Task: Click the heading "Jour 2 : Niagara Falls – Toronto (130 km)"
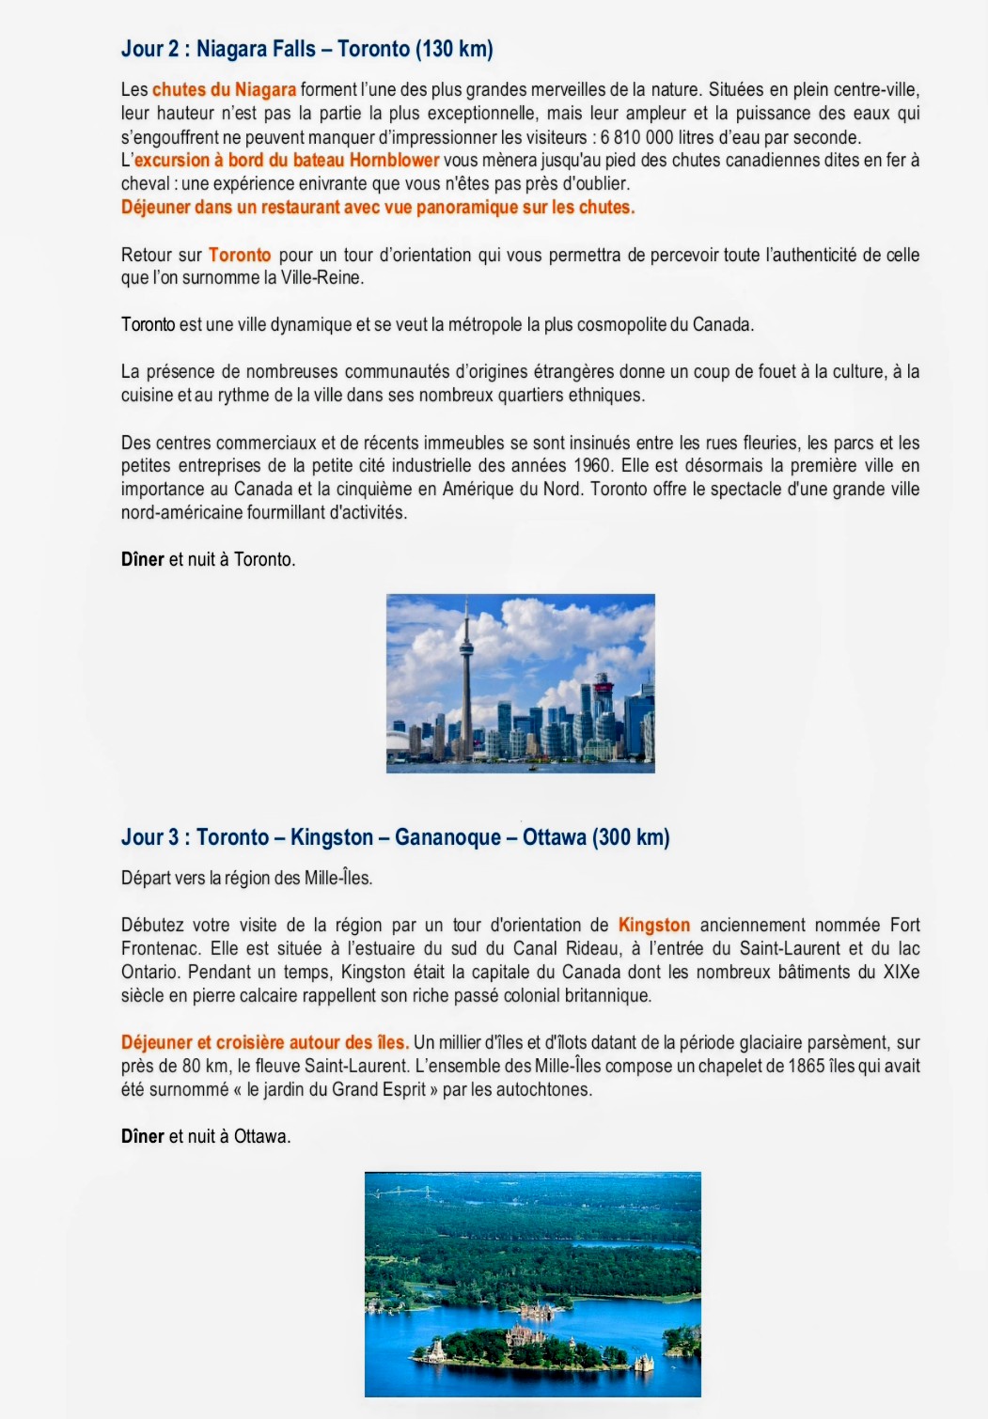point(306,49)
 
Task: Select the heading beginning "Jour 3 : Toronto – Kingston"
point(395,837)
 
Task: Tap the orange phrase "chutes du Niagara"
point(224,90)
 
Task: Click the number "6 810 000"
point(636,137)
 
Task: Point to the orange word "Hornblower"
point(394,161)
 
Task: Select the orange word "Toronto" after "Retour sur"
point(240,255)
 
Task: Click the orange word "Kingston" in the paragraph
point(654,926)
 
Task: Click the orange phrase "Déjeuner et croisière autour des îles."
point(264,1043)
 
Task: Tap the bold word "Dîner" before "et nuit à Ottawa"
point(143,1137)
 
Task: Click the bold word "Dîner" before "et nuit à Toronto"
point(143,560)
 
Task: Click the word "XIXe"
point(902,973)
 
